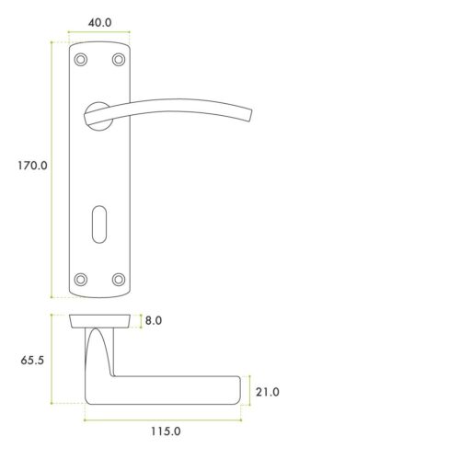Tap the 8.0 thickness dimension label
pyautogui.click(x=153, y=321)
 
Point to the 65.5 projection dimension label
pyautogui.click(x=30, y=362)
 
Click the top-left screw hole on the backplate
pyautogui.click(x=81, y=60)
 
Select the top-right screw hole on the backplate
pyautogui.click(x=118, y=60)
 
